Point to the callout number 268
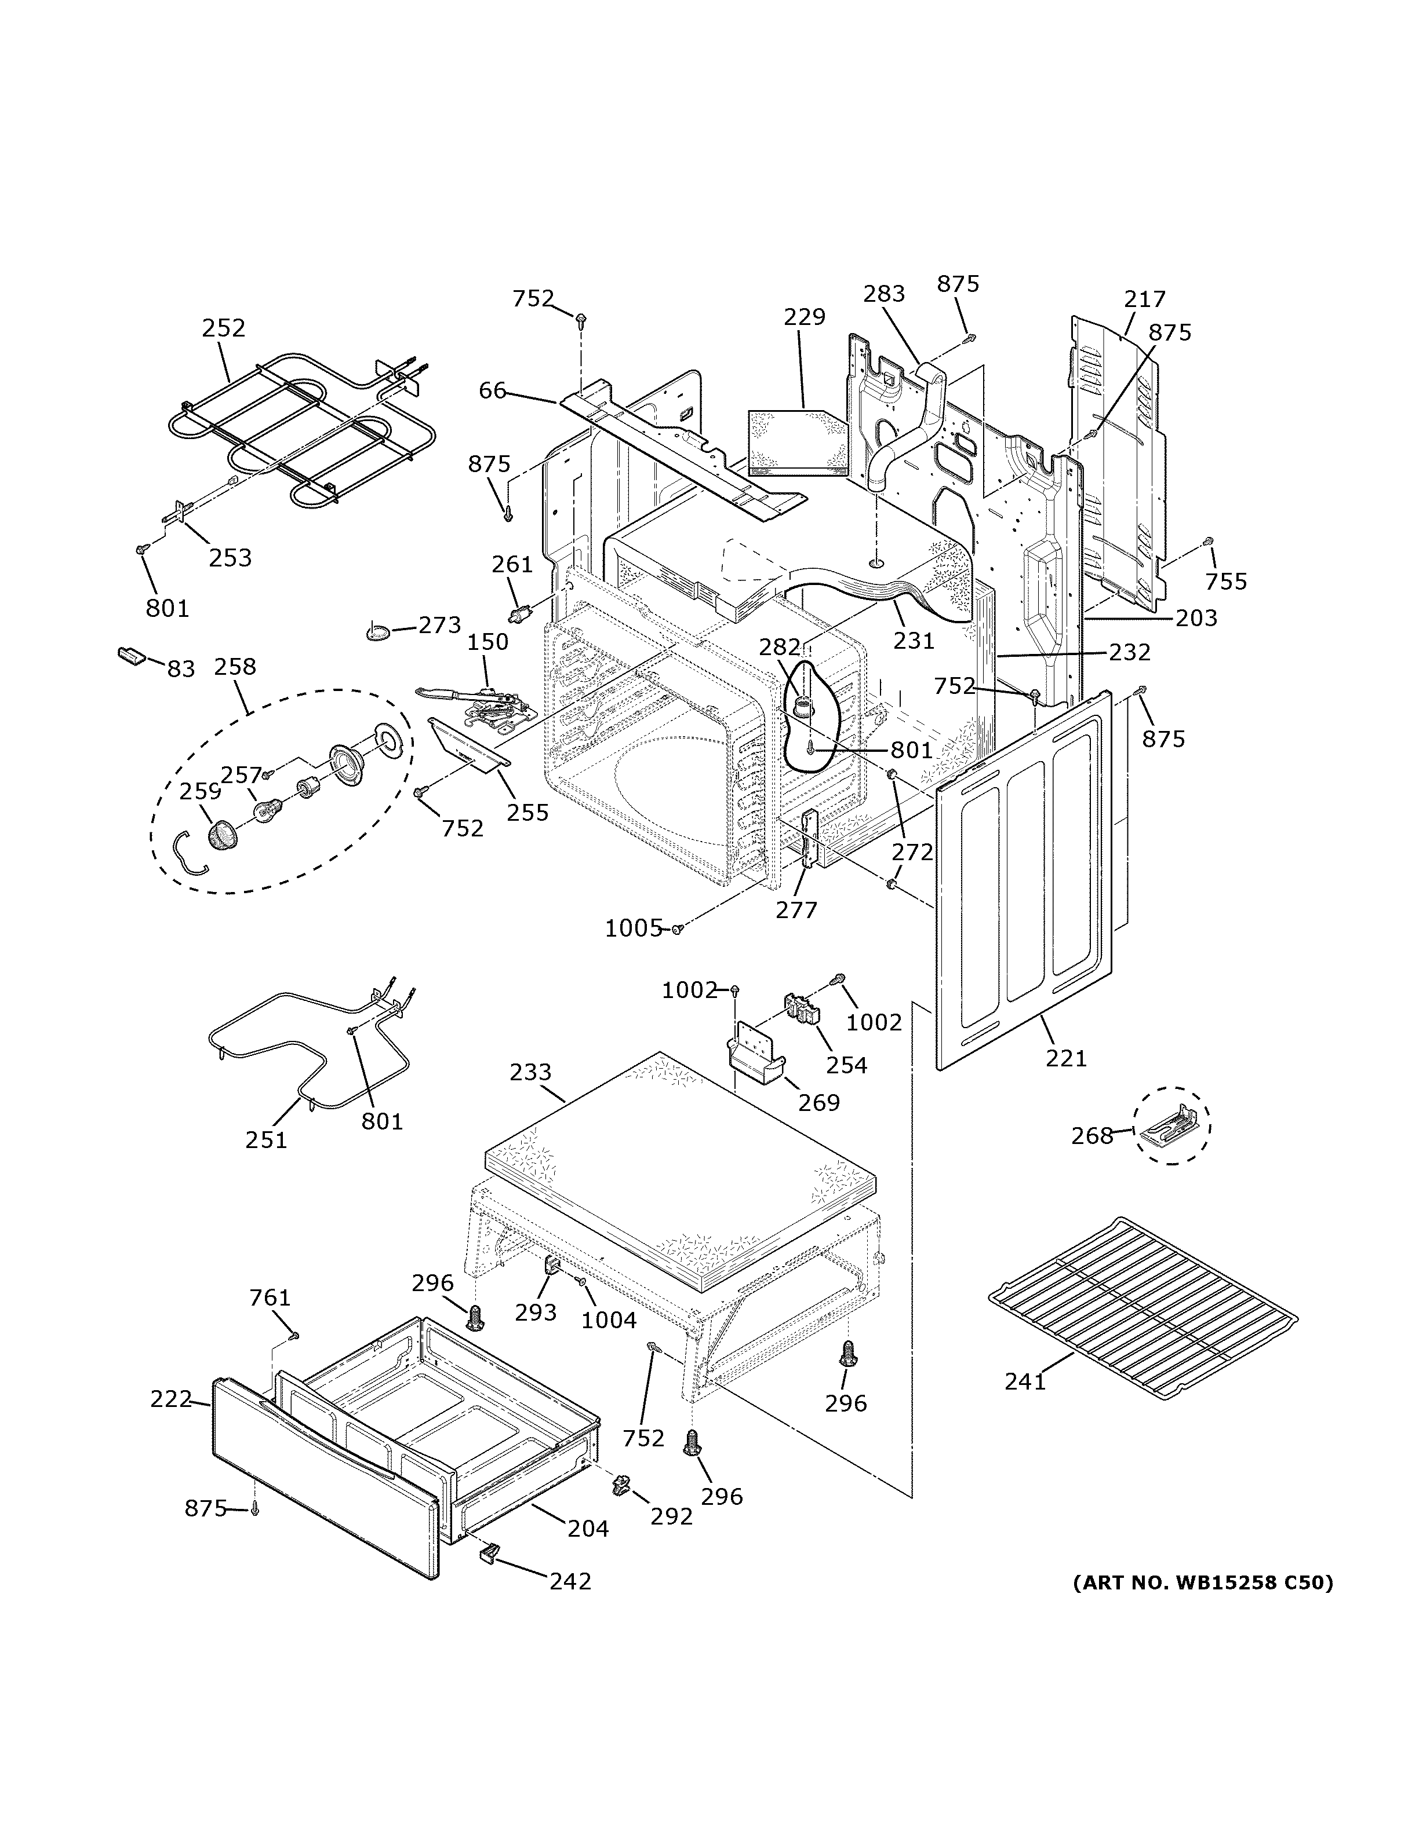point(1091,1136)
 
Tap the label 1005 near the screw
point(634,929)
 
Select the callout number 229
point(805,317)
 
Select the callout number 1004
point(609,1320)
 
